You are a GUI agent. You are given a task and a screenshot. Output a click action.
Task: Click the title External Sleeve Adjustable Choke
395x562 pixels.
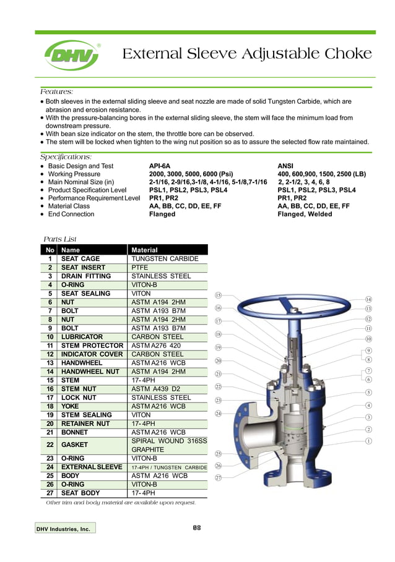pos(246,54)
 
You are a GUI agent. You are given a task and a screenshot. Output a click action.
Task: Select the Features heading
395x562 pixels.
pos(57,91)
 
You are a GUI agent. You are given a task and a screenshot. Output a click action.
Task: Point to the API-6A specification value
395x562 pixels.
pos(160,166)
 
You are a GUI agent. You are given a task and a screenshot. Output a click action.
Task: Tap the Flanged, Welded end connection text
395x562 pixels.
pos(305,214)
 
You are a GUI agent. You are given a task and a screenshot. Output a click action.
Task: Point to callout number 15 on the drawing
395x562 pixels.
pos(218,296)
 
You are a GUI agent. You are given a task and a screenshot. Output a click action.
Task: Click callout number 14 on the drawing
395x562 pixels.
pos(368,299)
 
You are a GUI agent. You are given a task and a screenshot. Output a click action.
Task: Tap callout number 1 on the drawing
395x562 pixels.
pos(368,441)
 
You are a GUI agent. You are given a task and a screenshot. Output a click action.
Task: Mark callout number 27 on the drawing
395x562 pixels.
pos(218,477)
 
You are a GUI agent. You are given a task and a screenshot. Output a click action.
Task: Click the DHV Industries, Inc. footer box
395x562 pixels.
pos(65,529)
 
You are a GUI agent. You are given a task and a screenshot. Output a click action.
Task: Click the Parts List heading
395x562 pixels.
pos(59,239)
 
